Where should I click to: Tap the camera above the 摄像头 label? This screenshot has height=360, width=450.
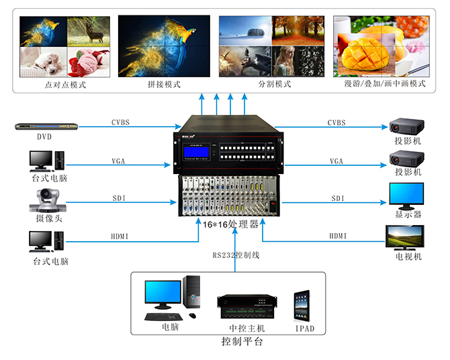tap(46, 200)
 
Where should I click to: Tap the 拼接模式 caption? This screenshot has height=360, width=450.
tap(165, 85)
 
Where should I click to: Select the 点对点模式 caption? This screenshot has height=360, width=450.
tap(65, 85)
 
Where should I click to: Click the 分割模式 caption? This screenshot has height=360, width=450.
tap(275, 85)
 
